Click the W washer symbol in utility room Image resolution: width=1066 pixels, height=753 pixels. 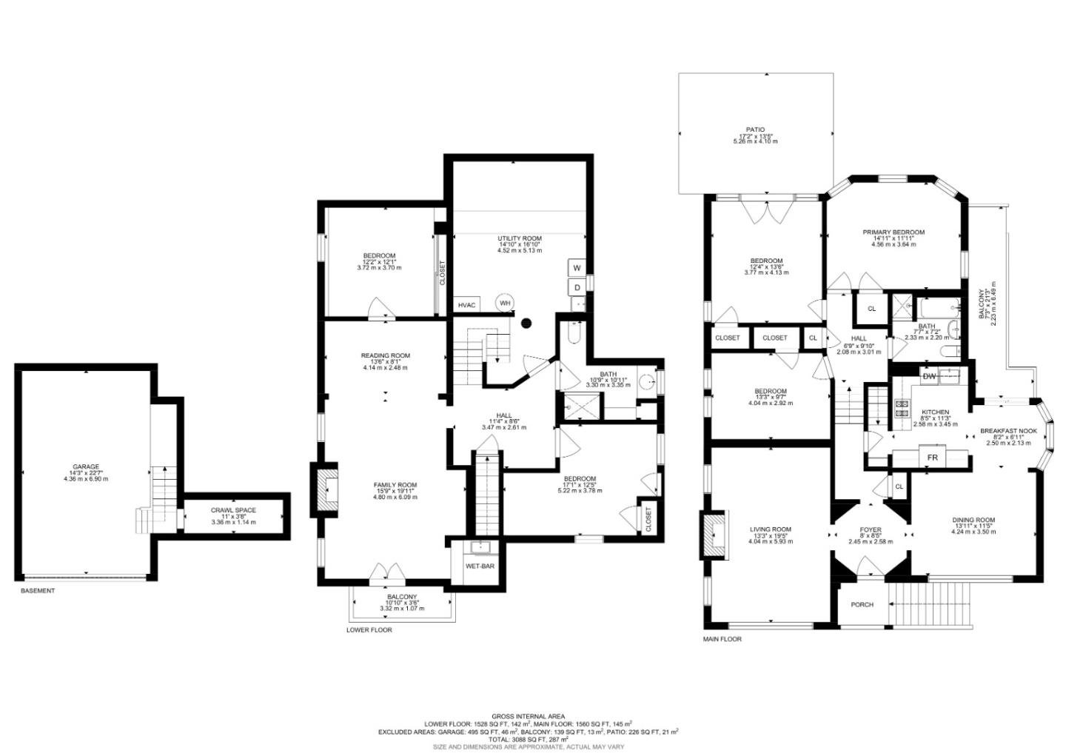coord(577,267)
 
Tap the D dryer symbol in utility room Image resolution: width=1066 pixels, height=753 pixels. coord(577,287)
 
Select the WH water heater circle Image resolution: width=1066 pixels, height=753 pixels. coord(504,302)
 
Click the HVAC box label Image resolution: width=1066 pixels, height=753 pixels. coord(466,304)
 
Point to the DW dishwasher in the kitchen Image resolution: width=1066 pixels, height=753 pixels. coord(929,376)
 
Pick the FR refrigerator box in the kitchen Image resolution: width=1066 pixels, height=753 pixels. coord(933,458)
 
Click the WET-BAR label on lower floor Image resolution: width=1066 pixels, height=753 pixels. coord(480,566)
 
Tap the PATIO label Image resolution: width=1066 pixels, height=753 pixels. coord(755,130)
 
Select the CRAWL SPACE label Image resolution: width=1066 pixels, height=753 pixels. coord(233,510)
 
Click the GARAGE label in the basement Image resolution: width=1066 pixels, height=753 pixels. coord(86,467)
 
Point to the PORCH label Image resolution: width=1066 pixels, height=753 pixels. coord(862,604)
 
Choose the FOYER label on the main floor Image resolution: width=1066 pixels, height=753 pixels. coord(871,529)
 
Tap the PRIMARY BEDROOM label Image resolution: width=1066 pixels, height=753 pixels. coord(894,232)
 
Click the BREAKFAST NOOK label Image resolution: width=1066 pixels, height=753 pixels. coord(1008,430)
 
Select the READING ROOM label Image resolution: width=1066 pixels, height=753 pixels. coord(385,355)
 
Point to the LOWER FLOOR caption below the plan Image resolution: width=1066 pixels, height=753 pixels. coord(369,630)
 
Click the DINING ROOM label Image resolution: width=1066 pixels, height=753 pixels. coord(973,520)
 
